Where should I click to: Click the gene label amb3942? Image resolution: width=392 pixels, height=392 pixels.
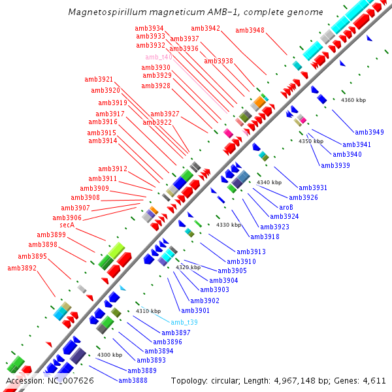[x=205, y=28]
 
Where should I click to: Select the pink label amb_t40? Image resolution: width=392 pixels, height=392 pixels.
[x=159, y=57]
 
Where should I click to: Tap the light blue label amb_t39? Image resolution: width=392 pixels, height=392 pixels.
[x=184, y=323]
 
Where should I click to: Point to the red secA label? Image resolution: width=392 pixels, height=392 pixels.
[x=63, y=225]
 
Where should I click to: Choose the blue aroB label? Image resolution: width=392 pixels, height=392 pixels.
[x=286, y=207]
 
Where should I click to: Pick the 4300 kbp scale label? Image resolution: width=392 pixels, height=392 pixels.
[x=110, y=355]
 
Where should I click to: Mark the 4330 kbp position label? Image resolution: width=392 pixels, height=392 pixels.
[x=229, y=225]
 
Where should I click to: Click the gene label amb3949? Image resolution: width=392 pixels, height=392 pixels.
[x=369, y=132]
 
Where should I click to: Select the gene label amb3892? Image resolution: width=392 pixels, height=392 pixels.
[x=22, y=268]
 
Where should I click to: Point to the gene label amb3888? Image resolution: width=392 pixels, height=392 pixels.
[x=133, y=380]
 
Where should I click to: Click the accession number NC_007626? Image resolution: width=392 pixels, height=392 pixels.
[x=71, y=380]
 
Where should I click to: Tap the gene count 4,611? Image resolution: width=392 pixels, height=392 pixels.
[x=373, y=380]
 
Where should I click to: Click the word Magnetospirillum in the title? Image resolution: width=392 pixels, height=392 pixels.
[x=105, y=12]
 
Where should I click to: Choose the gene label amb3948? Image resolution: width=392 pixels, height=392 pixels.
[x=250, y=30]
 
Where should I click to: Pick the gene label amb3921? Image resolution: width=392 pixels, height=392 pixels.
[x=99, y=79]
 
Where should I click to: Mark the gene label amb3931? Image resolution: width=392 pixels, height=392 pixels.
[x=313, y=188]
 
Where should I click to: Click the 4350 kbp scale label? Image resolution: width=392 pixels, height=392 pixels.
[x=311, y=141]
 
